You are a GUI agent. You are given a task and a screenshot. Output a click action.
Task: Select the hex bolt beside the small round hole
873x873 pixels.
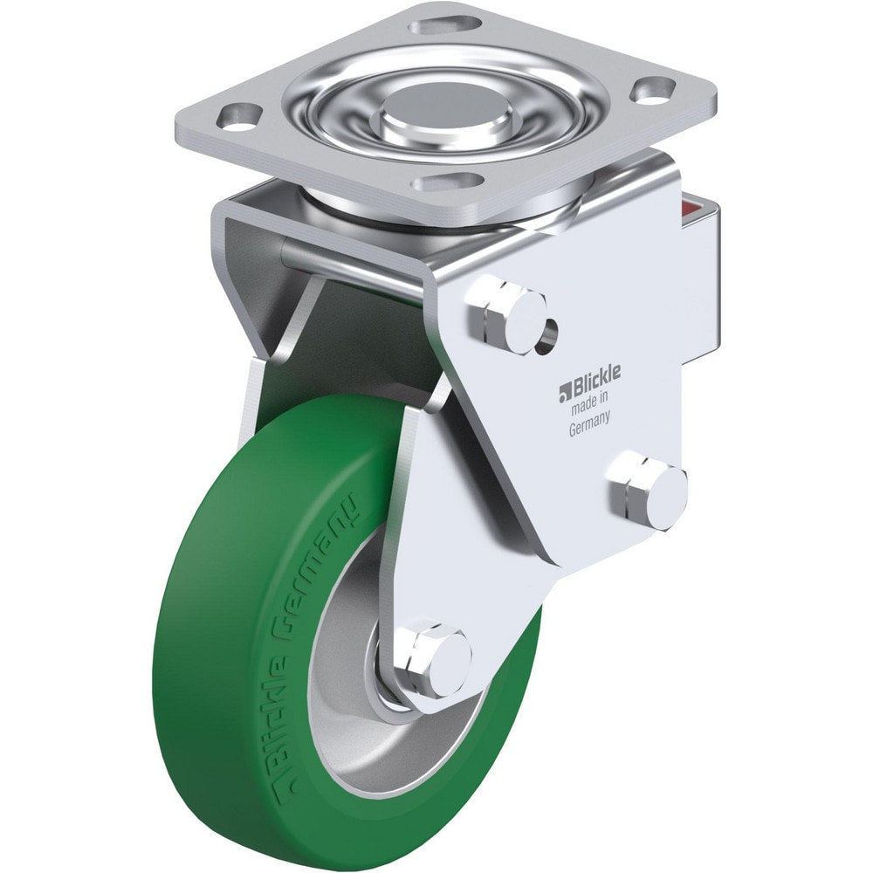pyautogui.click(x=506, y=314)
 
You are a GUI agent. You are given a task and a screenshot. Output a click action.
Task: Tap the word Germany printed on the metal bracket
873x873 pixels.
pyautogui.click(x=589, y=428)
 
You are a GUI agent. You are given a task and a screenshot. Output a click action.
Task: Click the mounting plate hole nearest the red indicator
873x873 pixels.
pyautogui.click(x=654, y=87)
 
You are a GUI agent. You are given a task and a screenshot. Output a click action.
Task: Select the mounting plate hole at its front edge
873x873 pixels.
pyautogui.click(x=450, y=182)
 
